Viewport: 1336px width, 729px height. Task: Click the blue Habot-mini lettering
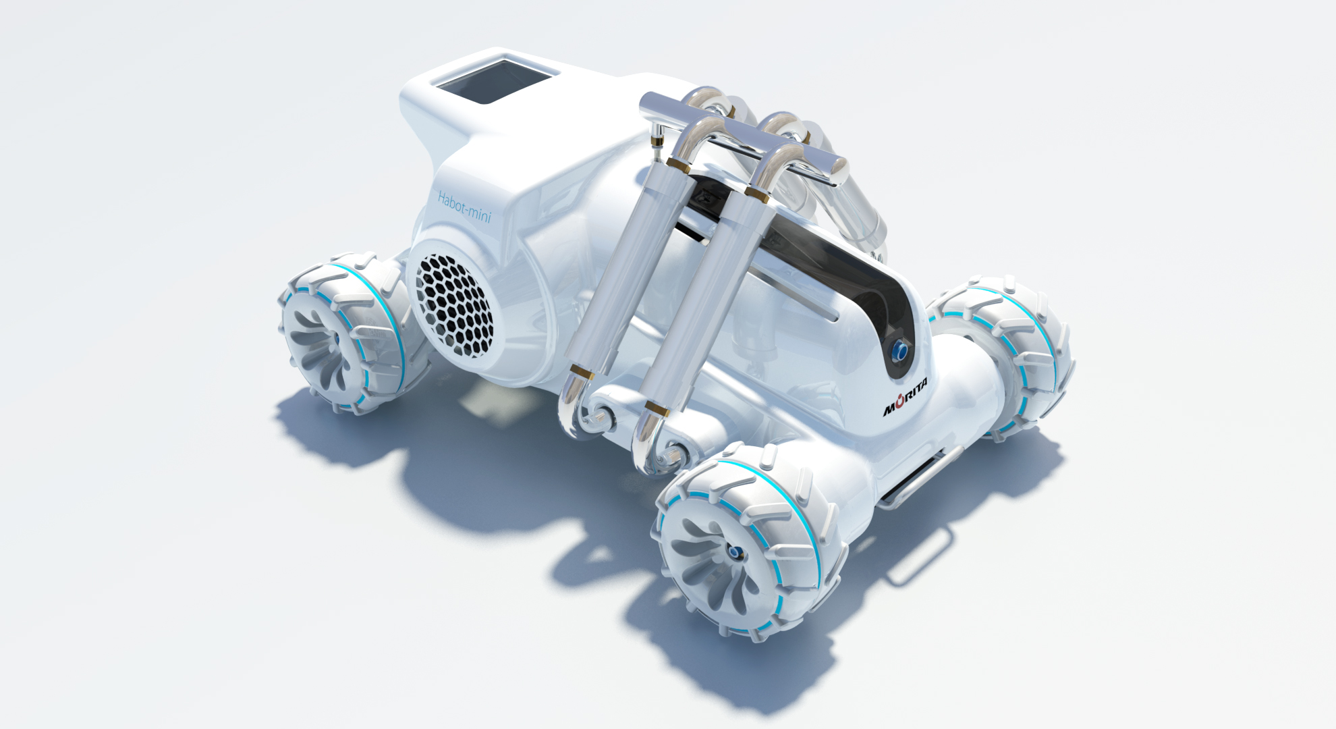pos(464,207)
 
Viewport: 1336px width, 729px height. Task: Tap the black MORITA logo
pos(906,397)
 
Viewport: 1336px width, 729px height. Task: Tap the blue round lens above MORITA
pos(900,351)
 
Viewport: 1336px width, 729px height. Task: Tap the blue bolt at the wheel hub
pos(733,553)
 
